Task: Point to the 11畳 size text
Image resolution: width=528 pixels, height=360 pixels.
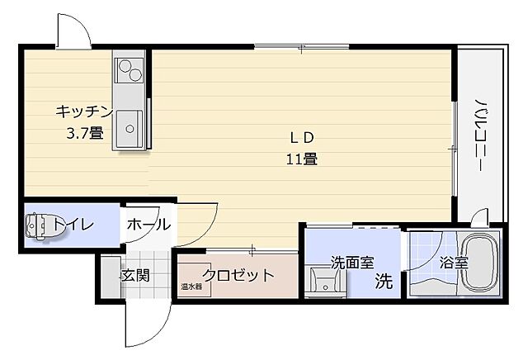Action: pos(302,159)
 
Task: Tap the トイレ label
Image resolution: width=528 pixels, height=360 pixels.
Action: pos(73,225)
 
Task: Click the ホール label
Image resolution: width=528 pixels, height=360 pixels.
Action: pos(148,224)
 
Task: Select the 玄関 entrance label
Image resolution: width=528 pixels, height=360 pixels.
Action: pos(134,275)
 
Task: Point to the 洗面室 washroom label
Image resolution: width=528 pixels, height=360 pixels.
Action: pos(352,263)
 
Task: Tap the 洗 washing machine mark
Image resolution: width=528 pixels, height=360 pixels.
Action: pos(383,281)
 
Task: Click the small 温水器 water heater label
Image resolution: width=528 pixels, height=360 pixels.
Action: pos(191,287)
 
